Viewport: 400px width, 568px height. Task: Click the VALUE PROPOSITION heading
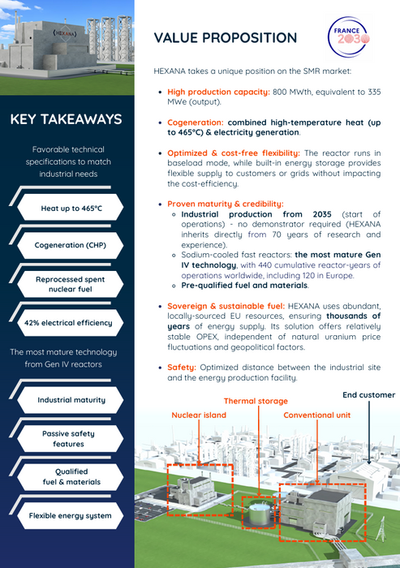(226, 38)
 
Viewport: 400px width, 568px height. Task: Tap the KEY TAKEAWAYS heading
(67, 120)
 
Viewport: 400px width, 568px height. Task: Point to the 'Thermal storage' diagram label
(255, 400)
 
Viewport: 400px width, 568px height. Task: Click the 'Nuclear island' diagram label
(200, 415)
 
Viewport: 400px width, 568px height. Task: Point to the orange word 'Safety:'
(183, 367)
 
